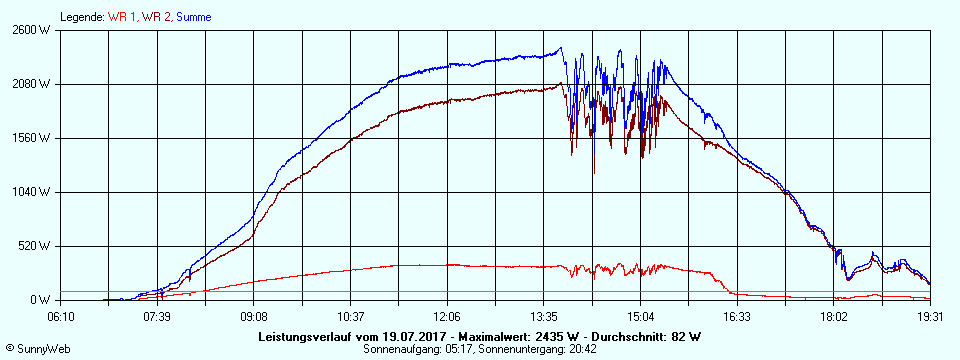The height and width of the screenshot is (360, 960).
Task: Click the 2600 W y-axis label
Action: tap(34, 30)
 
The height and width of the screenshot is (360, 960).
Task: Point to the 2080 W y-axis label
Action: tap(34, 84)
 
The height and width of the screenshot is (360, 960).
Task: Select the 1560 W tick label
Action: tap(34, 138)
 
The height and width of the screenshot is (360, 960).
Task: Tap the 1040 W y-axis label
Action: tap(34, 192)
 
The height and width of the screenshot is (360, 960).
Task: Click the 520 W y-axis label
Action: tap(37, 246)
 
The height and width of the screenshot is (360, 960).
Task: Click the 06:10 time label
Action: tap(61, 316)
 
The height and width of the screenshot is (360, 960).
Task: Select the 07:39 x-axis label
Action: tap(157, 316)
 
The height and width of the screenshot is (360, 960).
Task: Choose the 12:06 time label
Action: tap(447, 316)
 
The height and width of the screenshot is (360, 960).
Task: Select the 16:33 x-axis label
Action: tap(737, 316)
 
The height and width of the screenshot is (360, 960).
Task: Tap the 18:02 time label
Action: tap(834, 316)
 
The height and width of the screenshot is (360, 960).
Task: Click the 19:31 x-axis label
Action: tap(930, 316)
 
